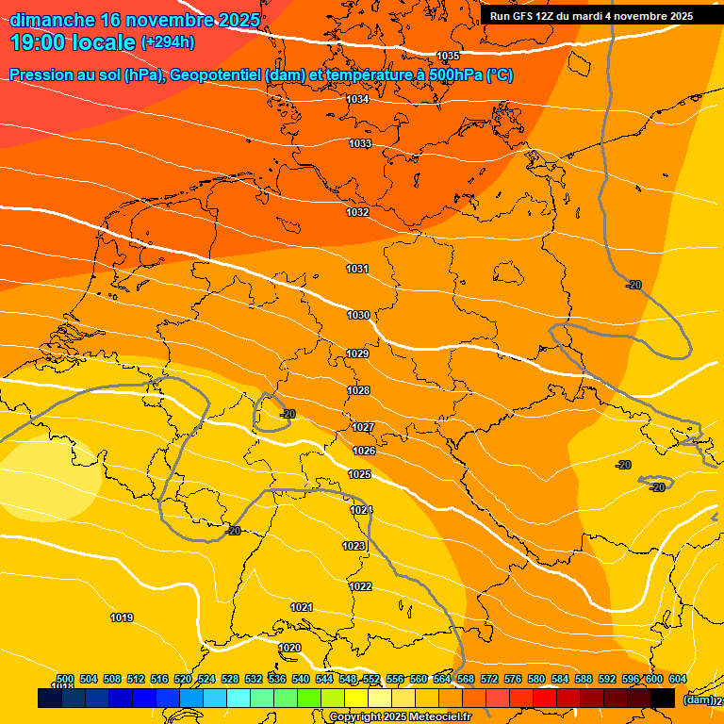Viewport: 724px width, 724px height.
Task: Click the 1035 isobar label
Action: [x=448, y=57]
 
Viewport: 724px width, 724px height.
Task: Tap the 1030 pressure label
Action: [x=357, y=315]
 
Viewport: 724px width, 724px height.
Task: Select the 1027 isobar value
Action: [x=363, y=427]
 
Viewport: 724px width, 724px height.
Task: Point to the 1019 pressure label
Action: [x=122, y=617]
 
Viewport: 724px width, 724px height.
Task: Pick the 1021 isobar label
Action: [x=302, y=607]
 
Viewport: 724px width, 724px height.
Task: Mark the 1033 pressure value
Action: [x=360, y=143]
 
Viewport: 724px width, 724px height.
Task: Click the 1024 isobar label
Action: [x=361, y=510]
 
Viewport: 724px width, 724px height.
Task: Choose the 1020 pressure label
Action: [x=290, y=648]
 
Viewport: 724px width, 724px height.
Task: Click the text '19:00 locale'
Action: [x=74, y=41]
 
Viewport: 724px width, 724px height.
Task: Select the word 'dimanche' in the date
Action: [x=53, y=20]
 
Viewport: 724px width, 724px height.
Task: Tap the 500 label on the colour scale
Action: [x=65, y=679]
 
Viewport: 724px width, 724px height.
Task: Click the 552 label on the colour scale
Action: [x=371, y=679]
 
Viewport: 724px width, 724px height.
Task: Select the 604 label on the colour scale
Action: [x=678, y=679]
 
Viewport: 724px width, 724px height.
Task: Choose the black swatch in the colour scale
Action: [x=663, y=699]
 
